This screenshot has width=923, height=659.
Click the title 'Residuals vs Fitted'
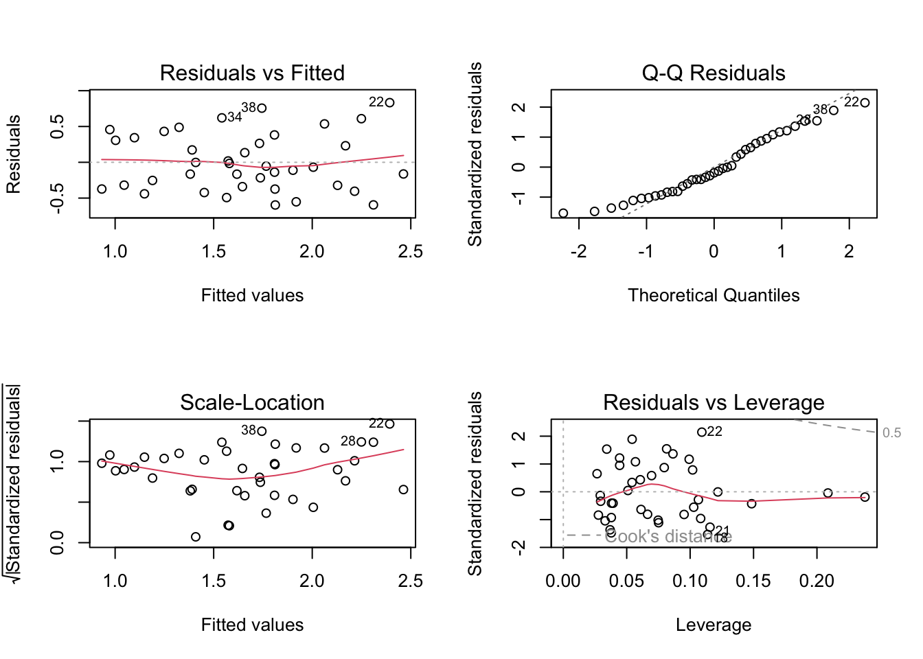pyautogui.click(x=252, y=73)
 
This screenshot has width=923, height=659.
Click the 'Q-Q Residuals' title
pyautogui.click(x=714, y=73)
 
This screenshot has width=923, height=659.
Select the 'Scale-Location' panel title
pyautogui.click(x=252, y=402)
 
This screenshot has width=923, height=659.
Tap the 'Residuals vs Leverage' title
pyautogui.click(x=714, y=402)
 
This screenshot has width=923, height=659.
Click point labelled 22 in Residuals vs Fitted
pyautogui.click(x=390, y=103)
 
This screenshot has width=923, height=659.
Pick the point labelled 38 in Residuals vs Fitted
pyautogui.click(x=262, y=108)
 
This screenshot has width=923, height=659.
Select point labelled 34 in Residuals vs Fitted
pyautogui.click(x=222, y=118)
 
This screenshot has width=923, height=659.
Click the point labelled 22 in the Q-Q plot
pyautogui.click(x=865, y=103)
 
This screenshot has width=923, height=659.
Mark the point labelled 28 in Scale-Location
pyautogui.click(x=361, y=442)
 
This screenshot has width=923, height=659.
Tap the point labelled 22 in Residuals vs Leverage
pyautogui.click(x=702, y=432)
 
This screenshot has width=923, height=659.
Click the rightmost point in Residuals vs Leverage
pyautogui.click(x=865, y=497)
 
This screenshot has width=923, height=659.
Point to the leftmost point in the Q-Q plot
pyautogui.click(x=563, y=213)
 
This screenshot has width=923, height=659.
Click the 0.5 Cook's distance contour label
pyautogui.click(x=891, y=433)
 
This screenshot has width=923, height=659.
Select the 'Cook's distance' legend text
pyautogui.click(x=668, y=537)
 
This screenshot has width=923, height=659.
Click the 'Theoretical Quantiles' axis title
pyautogui.click(x=714, y=295)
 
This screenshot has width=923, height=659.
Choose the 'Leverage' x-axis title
pyautogui.click(x=714, y=625)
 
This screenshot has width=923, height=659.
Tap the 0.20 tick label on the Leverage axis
pyautogui.click(x=817, y=581)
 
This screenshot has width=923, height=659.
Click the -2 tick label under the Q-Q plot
pyautogui.click(x=578, y=252)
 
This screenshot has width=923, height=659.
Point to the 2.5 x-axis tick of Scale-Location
pyautogui.click(x=411, y=581)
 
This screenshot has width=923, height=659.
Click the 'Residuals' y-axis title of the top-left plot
pyautogui.click(x=14, y=154)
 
